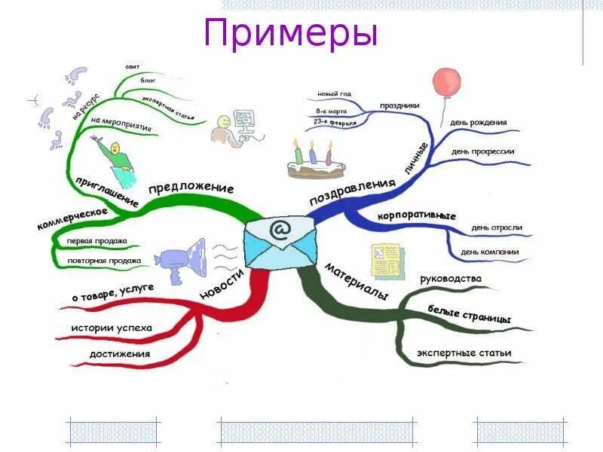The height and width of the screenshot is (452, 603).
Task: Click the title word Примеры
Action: pyautogui.click(x=290, y=35)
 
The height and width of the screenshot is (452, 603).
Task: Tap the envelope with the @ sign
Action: pyautogui.click(x=280, y=240)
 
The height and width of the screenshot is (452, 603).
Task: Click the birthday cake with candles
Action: pyautogui.click(x=311, y=159)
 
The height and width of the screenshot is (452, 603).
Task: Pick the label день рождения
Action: pyautogui.click(x=478, y=122)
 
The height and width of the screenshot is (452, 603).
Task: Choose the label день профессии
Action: pyautogui.click(x=482, y=151)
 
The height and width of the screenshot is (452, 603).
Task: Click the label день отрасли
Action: pyautogui.click(x=496, y=227)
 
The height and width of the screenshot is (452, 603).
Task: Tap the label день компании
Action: pyautogui.click(x=494, y=251)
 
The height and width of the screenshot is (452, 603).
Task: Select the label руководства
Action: pyautogui.click(x=450, y=279)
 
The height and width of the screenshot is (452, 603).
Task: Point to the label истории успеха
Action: pyautogui.click(x=111, y=328)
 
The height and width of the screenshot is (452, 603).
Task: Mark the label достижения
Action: pyautogui.click(x=119, y=353)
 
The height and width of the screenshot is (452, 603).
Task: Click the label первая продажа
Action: pyautogui.click(x=96, y=241)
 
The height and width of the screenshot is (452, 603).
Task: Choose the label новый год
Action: pyautogui.click(x=334, y=93)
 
